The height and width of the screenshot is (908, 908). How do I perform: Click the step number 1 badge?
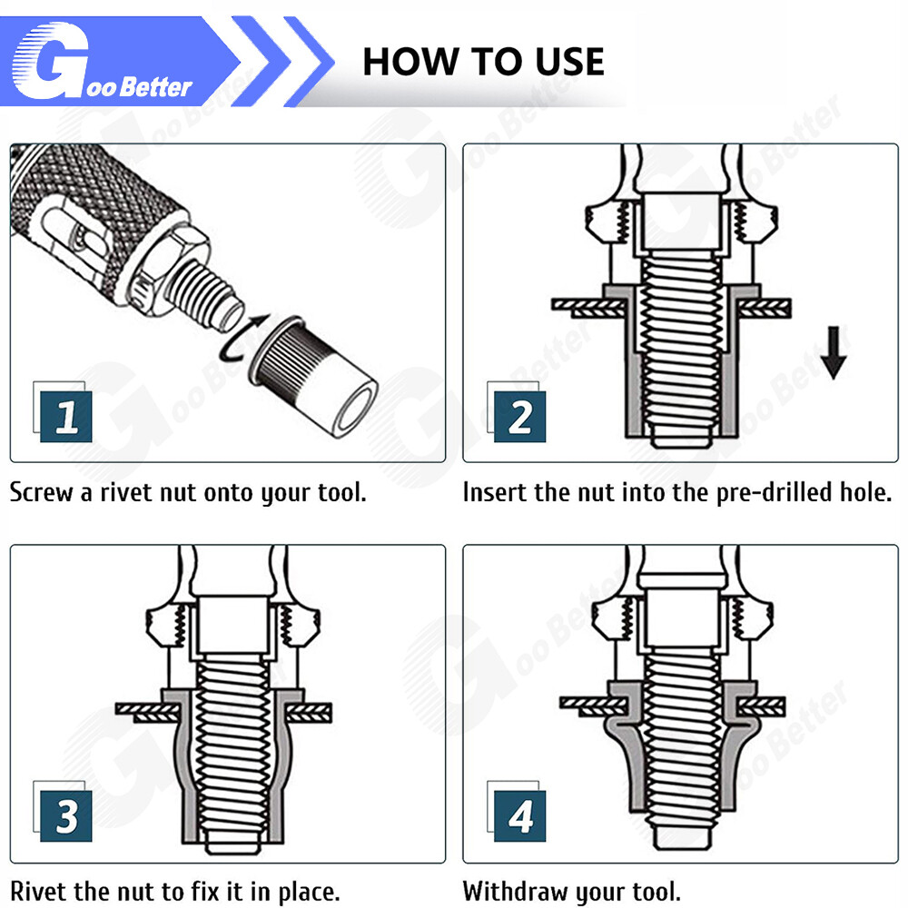(x=65, y=417)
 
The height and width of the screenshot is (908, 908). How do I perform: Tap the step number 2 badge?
(x=519, y=417)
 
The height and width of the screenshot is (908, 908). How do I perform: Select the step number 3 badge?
(x=65, y=816)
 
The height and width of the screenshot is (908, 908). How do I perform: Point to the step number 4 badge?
(x=519, y=816)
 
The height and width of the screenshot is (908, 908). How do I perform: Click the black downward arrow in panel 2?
(x=834, y=352)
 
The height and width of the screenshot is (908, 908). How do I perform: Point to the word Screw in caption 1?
(x=42, y=493)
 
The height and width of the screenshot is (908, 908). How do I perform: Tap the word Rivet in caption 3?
(x=39, y=892)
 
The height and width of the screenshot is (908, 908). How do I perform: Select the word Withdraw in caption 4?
(x=515, y=892)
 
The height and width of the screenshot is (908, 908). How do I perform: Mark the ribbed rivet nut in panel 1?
(x=312, y=377)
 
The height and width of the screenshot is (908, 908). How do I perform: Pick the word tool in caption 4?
(x=656, y=892)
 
